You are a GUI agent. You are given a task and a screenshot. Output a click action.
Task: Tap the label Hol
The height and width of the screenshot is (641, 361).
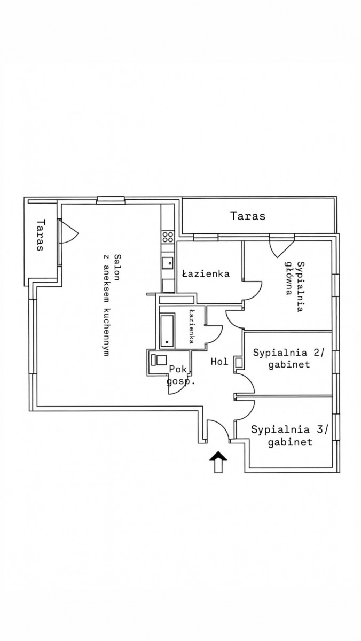219,362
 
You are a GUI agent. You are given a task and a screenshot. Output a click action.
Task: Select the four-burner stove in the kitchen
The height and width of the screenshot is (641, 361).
168,237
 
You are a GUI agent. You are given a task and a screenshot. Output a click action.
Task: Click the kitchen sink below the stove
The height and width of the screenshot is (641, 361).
168,262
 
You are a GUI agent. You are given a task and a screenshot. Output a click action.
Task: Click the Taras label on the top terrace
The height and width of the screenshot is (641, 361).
248,216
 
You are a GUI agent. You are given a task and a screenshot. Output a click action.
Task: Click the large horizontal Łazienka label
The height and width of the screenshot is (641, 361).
206,274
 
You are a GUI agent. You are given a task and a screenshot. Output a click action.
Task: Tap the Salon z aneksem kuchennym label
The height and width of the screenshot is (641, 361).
109,304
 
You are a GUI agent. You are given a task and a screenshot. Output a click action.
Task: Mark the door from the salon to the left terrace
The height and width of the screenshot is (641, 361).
68,231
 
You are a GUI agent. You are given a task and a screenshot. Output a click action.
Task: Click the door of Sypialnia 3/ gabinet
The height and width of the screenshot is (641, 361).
245,409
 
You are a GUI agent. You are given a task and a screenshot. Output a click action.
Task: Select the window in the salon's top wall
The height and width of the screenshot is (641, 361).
111,200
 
